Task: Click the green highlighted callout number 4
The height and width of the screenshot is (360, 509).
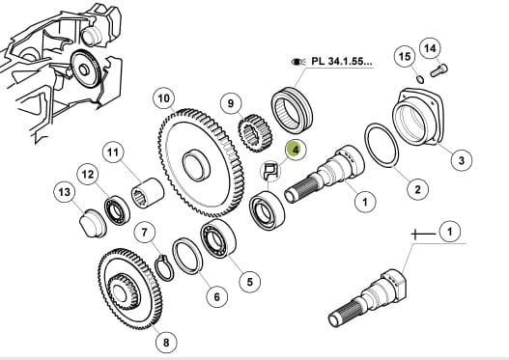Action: point(296,150)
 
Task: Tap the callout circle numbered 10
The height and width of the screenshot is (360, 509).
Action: point(164,97)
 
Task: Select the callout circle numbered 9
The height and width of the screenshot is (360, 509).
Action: point(231,103)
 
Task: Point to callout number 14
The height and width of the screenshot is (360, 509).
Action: point(430,48)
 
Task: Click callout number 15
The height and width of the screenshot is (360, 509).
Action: point(405,57)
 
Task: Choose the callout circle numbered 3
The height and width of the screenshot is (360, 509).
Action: point(462,159)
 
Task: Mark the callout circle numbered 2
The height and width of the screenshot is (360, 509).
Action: point(417,189)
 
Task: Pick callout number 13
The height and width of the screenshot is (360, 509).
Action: point(65,192)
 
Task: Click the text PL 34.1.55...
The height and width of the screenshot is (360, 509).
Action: point(342,62)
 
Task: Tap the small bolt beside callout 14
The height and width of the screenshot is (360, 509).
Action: point(438,70)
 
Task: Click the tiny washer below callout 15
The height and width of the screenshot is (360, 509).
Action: point(420,79)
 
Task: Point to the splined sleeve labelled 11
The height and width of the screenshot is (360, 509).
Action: point(148,194)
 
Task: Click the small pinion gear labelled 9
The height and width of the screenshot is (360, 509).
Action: point(255,133)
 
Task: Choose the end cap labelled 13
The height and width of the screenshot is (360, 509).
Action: point(93,224)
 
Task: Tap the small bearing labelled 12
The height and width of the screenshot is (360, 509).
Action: point(117,210)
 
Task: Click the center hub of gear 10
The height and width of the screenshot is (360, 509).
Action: point(196,165)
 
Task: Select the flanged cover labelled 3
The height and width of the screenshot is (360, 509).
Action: point(418,117)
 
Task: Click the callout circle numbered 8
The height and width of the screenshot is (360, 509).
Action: point(166,343)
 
